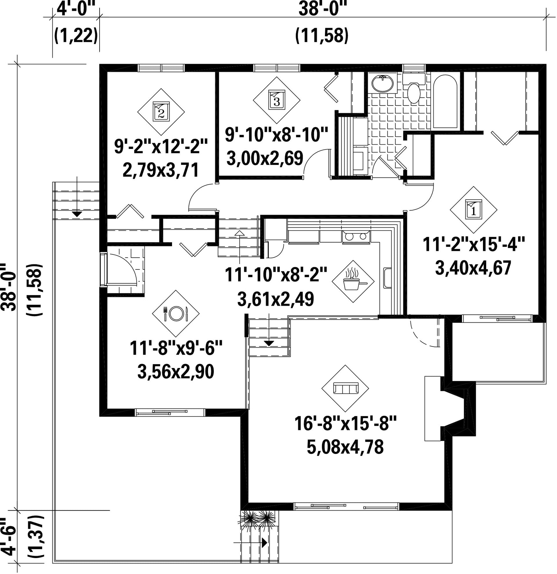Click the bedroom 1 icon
click(473, 210)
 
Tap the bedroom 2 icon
click(161, 112)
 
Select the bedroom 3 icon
click(276, 100)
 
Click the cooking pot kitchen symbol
click(353, 281)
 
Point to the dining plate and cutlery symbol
click(176, 313)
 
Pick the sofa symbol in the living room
click(345, 388)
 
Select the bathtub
click(446, 102)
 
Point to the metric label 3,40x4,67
click(473, 268)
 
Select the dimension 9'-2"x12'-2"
click(161, 147)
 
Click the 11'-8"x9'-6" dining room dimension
click(176, 348)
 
